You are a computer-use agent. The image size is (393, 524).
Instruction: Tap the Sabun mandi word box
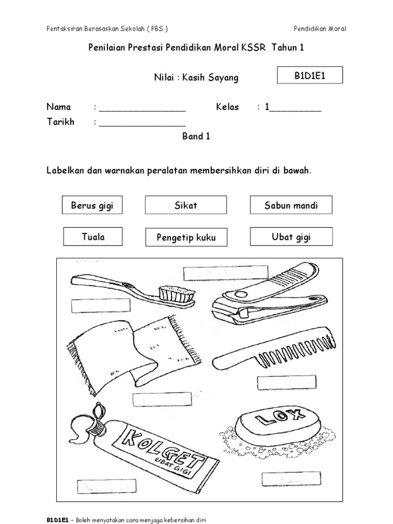[291, 205]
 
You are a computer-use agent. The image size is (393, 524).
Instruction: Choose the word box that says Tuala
[93, 236]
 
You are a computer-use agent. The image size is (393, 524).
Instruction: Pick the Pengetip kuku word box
[186, 237]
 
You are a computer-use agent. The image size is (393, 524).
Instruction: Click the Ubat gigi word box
[291, 237]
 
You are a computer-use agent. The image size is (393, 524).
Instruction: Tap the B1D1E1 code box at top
[310, 76]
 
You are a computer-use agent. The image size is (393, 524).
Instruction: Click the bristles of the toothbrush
[177, 293]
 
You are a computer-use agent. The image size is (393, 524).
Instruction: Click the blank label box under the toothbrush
[101, 306]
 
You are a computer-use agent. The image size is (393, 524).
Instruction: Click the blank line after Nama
[142, 109]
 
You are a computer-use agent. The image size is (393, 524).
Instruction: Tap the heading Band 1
[196, 137]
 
